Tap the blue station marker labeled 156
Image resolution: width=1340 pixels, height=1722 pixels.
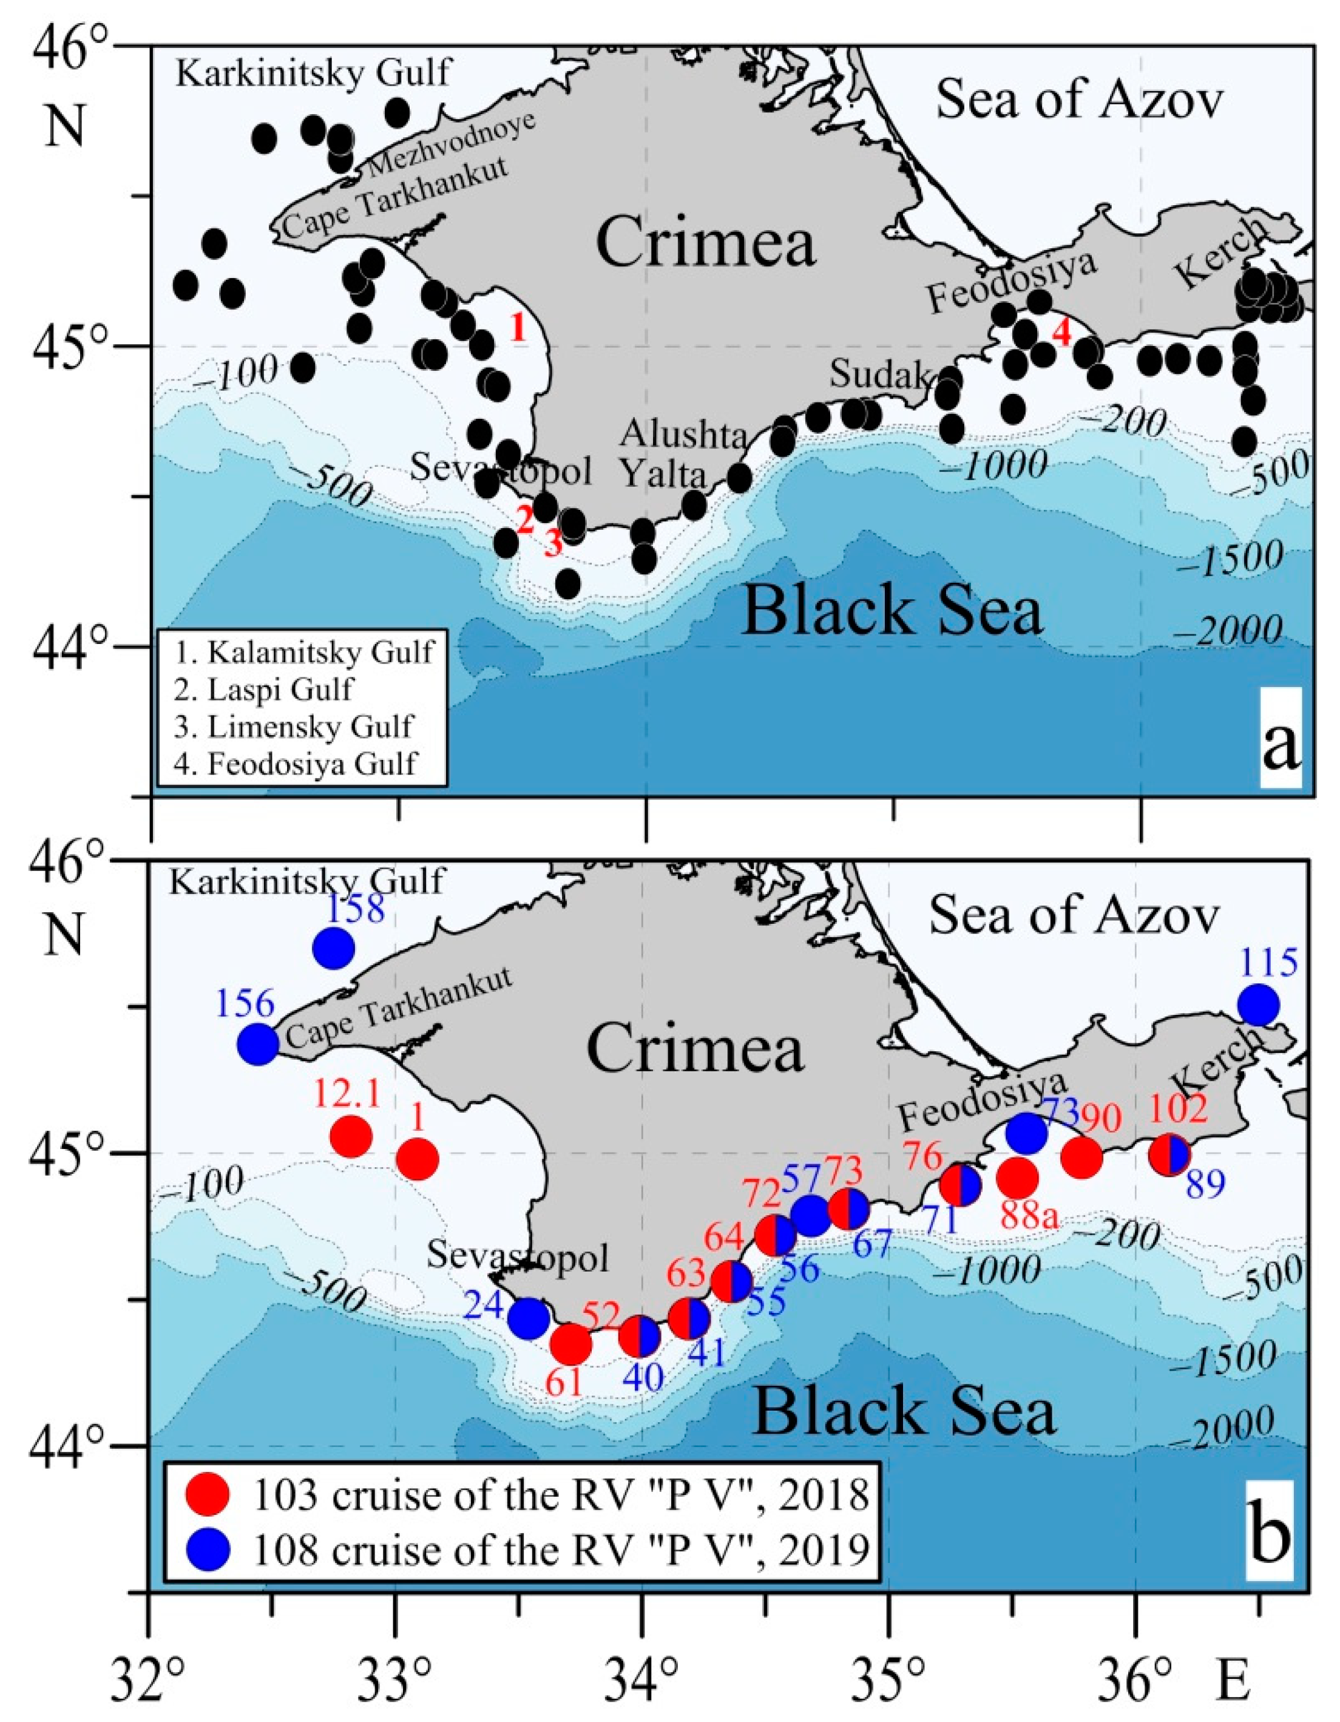coord(258,1044)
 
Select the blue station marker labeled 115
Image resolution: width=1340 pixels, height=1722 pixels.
coord(1258,1005)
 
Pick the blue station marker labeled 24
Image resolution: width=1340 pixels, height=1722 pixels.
coord(528,1318)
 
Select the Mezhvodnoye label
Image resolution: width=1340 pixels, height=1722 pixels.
coord(452,143)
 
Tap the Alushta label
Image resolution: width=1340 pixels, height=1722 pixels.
coord(683,435)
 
